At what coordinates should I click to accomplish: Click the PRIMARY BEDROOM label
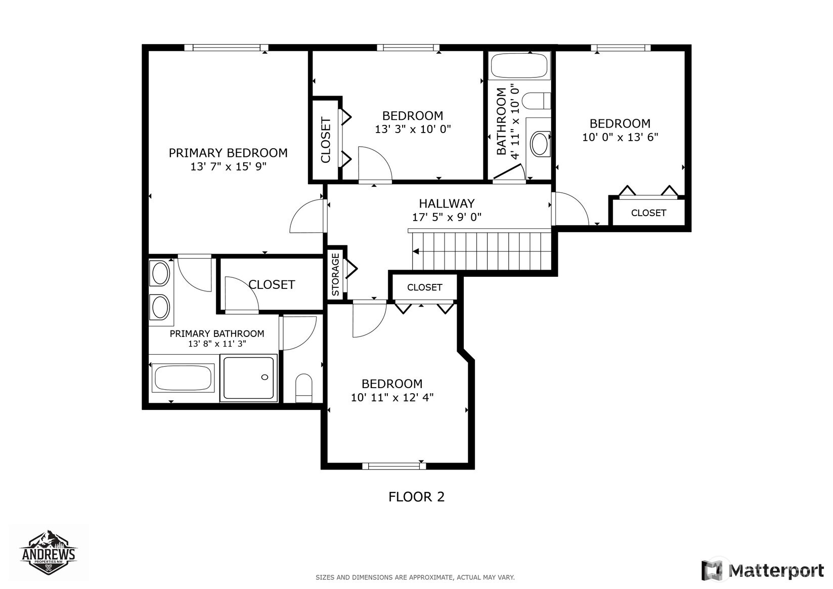(228, 153)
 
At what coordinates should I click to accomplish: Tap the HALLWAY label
(447, 203)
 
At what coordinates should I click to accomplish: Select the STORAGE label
(335, 274)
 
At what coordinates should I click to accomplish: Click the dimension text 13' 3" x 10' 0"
(413, 129)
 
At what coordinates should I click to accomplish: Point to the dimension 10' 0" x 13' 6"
(620, 137)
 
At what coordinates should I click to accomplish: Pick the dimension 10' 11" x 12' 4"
(392, 397)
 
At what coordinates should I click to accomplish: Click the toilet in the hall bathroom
(536, 101)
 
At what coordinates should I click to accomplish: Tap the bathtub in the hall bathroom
(519, 66)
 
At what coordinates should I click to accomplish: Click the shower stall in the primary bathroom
(248, 378)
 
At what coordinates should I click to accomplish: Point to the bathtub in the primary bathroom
(183, 378)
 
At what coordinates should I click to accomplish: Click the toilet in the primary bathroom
(304, 388)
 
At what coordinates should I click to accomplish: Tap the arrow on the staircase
(416, 251)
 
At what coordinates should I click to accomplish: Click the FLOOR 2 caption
(417, 497)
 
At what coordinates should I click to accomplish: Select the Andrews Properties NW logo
(49, 553)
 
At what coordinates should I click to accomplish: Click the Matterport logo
(763, 570)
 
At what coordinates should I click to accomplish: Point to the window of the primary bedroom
(227, 48)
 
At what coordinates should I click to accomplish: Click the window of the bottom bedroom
(394, 466)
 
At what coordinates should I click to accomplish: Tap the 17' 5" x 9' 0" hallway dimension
(447, 217)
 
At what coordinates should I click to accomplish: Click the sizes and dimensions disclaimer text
(415, 577)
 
